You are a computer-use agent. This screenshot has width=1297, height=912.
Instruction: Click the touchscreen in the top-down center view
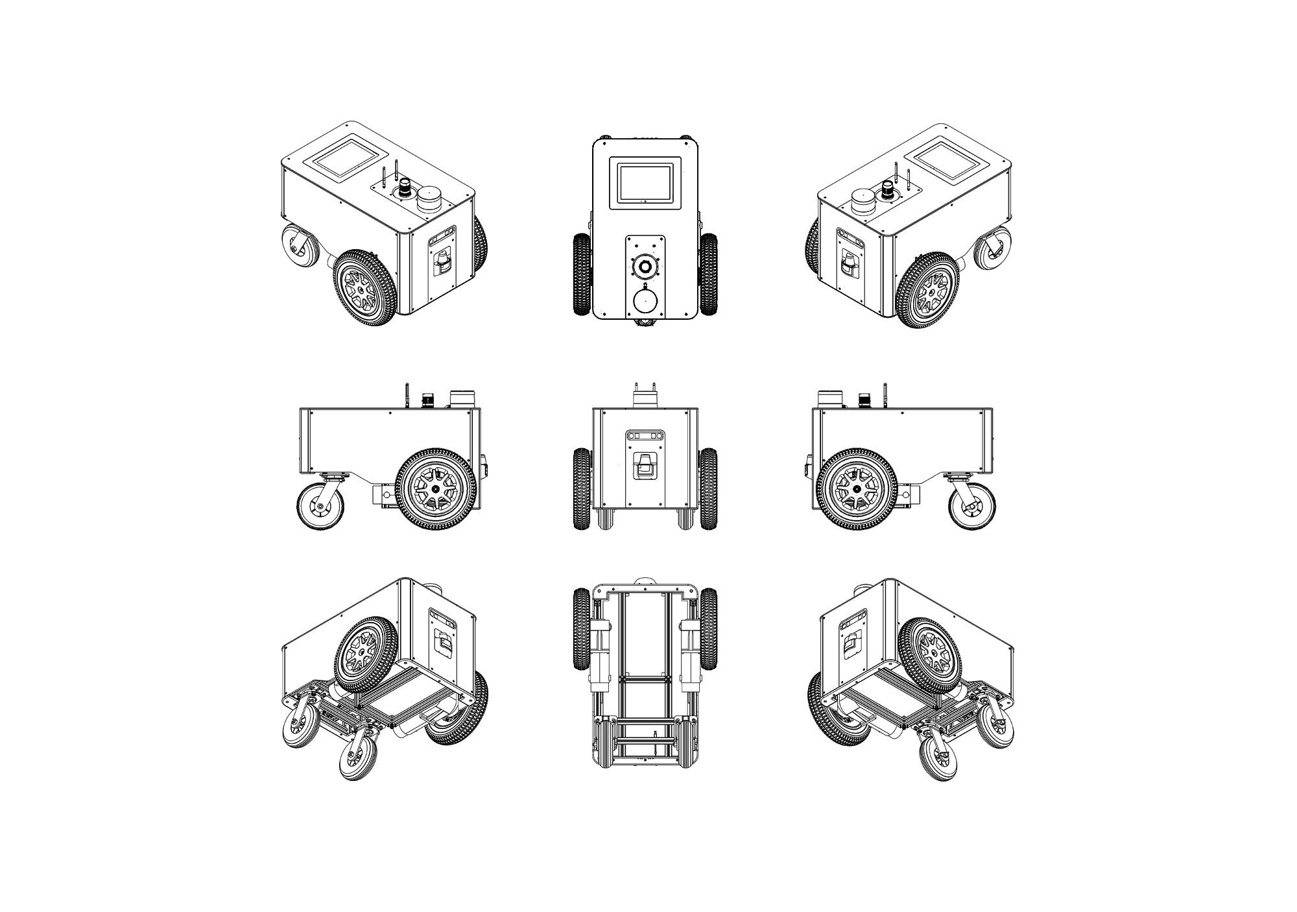[645, 182]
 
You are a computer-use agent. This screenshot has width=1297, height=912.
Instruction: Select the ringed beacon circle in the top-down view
[645, 266]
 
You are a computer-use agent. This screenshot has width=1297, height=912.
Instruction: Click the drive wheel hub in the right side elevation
[857, 488]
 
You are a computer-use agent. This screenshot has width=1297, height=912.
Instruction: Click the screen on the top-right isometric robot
[951, 158]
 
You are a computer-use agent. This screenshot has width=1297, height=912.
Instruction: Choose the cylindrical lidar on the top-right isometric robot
[863, 199]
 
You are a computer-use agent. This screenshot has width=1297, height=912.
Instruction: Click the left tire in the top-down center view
[582, 274]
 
